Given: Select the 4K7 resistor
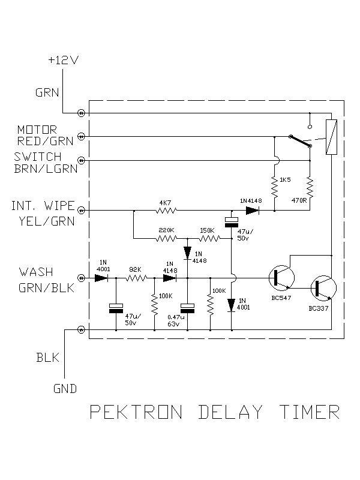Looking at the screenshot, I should pyautogui.click(x=165, y=211).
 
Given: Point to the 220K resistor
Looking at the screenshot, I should pyautogui.click(x=166, y=238).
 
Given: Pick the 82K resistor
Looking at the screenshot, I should pyautogui.click(x=136, y=278).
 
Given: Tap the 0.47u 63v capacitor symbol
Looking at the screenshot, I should pyautogui.click(x=187, y=308).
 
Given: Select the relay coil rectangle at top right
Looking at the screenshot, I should pyautogui.click(x=331, y=137).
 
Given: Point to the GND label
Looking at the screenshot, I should pyautogui.click(x=64, y=388).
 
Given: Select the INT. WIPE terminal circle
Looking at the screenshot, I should pyautogui.click(x=83, y=211).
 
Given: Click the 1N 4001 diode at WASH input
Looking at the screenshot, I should pyautogui.click(x=100, y=278).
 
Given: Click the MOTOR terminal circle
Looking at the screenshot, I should pyautogui.click(x=83, y=137).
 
